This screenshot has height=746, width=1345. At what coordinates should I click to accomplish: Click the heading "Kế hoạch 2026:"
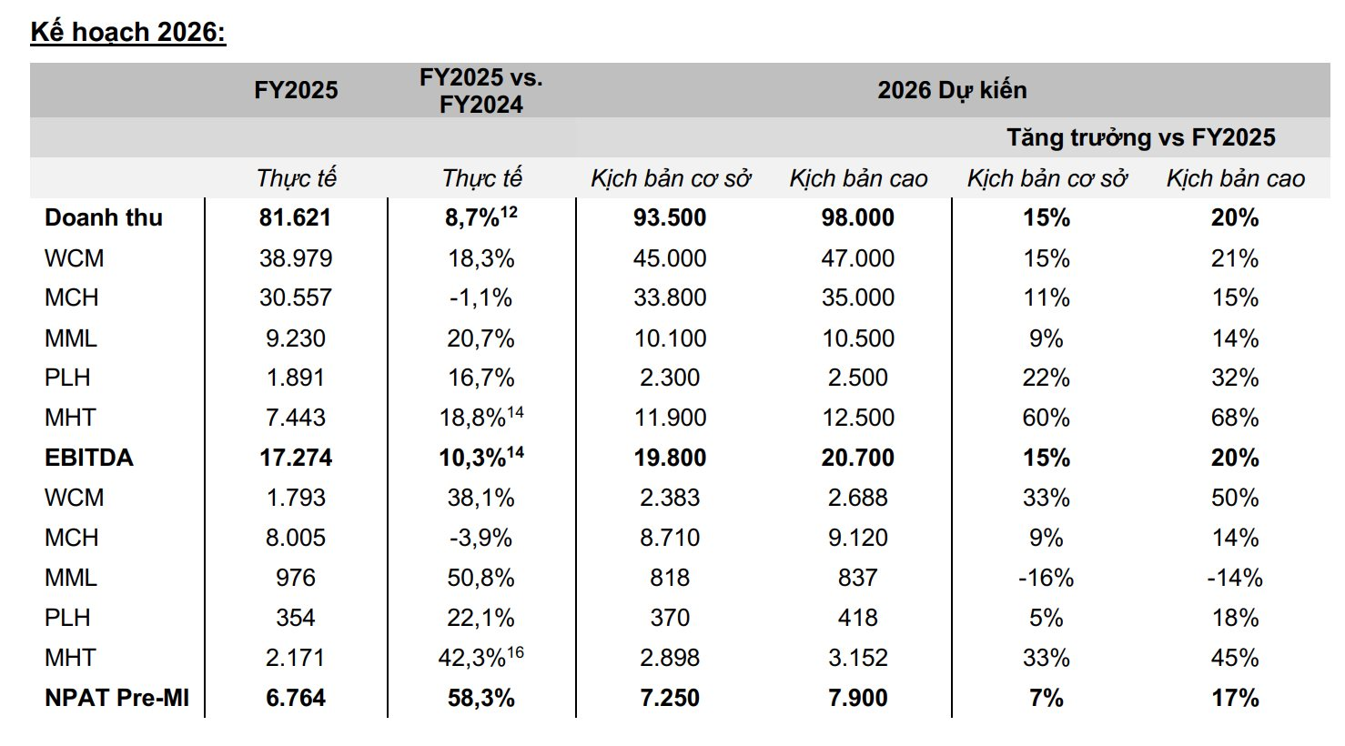coord(128,32)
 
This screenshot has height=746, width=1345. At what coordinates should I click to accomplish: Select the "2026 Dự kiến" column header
coord(952,90)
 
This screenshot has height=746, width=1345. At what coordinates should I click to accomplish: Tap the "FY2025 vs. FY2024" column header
coord(480,91)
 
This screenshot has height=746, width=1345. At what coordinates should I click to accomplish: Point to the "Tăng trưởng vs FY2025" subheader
coord(1140,137)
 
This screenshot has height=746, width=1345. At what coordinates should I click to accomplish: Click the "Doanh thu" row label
coord(104,218)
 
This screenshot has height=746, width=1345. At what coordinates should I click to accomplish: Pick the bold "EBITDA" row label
coord(89,458)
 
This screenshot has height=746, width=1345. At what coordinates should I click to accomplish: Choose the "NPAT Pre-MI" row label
coord(117,698)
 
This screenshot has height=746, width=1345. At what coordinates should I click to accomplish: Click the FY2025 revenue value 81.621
coord(296,218)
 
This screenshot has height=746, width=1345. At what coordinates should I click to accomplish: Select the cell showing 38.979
coord(296,258)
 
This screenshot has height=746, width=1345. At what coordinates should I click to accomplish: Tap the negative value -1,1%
coord(480,298)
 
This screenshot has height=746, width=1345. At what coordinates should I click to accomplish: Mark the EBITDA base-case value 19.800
coord(670,458)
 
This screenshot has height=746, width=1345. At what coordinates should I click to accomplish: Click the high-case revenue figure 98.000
coord(858,218)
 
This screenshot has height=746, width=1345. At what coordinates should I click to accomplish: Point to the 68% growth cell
coord(1235,418)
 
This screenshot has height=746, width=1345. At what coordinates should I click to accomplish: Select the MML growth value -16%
coord(1047,578)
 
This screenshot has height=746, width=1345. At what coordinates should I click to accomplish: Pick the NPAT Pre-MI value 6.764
coord(296,698)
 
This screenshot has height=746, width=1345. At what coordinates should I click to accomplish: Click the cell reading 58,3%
coord(480,698)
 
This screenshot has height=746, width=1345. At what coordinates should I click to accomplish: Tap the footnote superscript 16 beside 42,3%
coord(516,651)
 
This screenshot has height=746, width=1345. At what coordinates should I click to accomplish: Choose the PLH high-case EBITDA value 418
coord(858,618)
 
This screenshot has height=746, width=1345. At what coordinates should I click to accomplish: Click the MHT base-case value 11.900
coord(670,418)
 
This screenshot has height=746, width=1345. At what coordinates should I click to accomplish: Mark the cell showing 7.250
coord(670,698)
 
